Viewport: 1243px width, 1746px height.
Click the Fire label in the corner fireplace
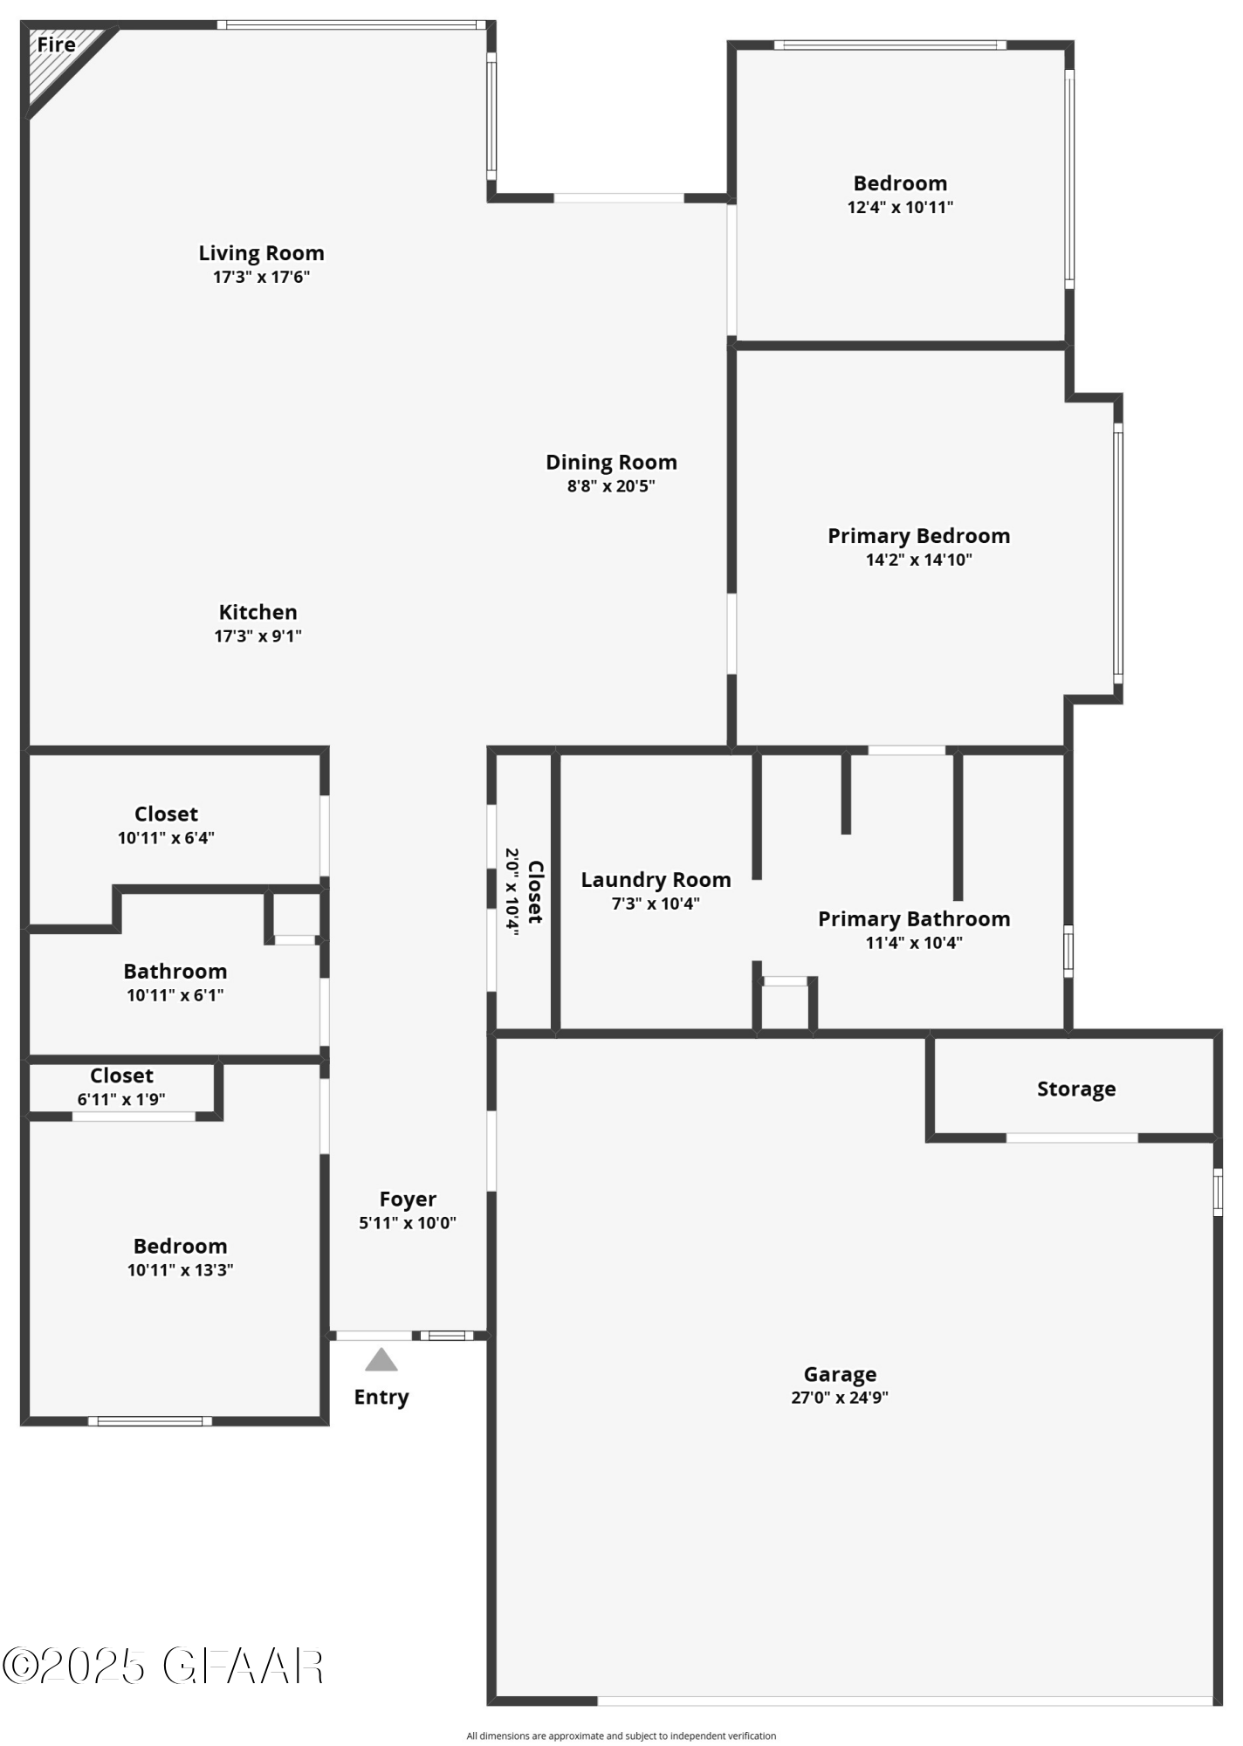click(56, 45)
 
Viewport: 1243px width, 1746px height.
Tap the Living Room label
click(261, 253)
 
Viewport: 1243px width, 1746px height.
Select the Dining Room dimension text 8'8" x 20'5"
click(611, 486)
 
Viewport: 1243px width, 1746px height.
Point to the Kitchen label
click(258, 612)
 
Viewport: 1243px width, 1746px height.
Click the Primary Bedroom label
click(918, 536)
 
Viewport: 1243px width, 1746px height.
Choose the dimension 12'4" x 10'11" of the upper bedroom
click(900, 208)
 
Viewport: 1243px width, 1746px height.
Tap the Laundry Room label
click(656, 880)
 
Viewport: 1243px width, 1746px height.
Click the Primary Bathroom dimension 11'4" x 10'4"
click(913, 943)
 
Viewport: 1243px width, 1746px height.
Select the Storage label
click(1075, 1089)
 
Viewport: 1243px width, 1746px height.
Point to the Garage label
click(840, 1375)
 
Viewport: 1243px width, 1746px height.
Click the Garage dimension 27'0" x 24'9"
click(840, 1398)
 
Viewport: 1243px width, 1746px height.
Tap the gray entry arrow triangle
click(381, 1360)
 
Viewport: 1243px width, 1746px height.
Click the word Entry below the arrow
click(381, 1397)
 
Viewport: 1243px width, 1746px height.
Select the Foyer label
click(408, 1200)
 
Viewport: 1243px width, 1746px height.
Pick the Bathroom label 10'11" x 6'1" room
click(175, 972)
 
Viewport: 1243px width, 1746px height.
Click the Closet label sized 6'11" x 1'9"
click(121, 1076)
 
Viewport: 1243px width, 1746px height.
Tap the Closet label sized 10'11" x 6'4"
click(166, 814)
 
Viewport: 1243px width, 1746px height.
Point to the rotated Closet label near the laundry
click(535, 892)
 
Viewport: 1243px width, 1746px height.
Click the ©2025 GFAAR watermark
click(163, 1667)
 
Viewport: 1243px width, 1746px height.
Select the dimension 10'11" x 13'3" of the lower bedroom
click(180, 1270)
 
